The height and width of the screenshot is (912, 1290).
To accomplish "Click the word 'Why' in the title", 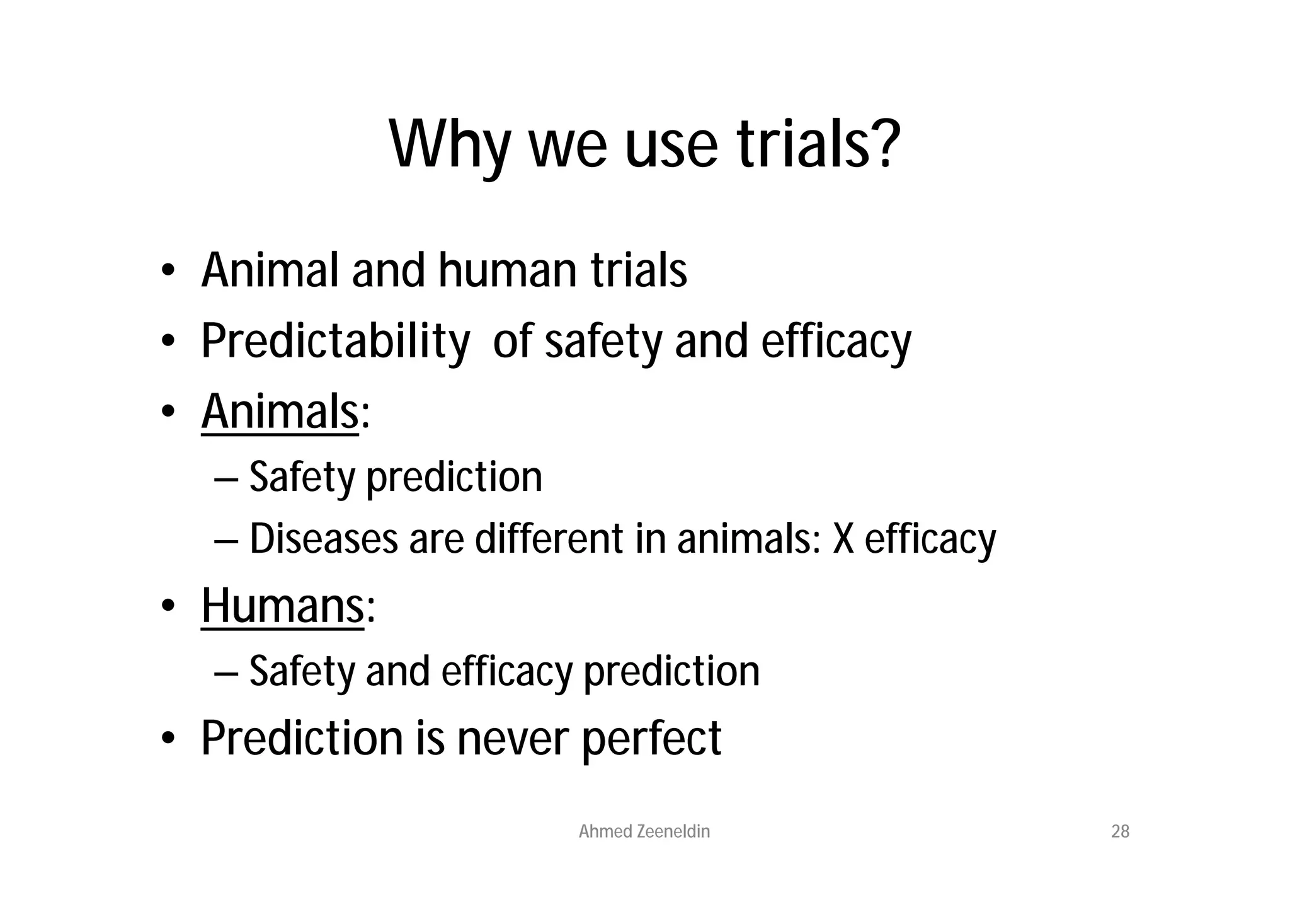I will pos(449,145).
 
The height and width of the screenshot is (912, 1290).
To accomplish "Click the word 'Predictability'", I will pos(335,342).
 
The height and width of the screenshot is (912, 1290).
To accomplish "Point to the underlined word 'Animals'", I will pos(280,412).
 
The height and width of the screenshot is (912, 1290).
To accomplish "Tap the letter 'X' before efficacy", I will pos(843,540).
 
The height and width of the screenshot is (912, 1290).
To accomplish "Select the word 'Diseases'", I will pos(324,540).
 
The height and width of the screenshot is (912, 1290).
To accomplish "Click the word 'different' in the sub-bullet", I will pos(549,540).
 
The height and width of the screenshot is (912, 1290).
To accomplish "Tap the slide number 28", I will pos(1120,832).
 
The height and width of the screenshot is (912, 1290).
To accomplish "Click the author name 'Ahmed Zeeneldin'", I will pos(644,832).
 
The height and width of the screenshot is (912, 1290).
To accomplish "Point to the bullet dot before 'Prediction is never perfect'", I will pos(167,739).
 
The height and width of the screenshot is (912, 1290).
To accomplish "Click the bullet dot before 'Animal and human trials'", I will pos(167,272).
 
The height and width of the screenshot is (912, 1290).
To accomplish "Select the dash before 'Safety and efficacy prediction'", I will pos(225,672).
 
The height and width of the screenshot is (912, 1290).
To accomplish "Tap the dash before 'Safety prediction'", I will pos(225,478).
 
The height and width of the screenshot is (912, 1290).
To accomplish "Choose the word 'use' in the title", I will pos(671,145).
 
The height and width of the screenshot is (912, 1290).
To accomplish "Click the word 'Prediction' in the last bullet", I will pos(302,738).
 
